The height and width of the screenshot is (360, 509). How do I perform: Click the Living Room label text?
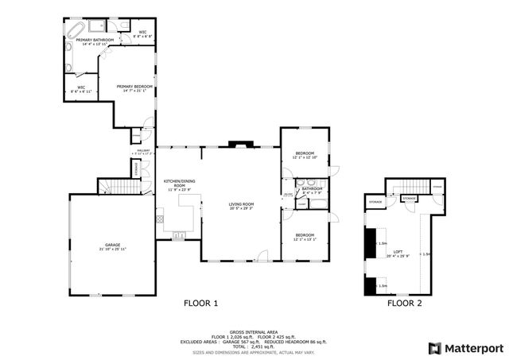click(x=242, y=206)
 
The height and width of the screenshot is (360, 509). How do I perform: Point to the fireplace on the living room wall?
click(x=239, y=145)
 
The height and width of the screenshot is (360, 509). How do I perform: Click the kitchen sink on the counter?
click(x=178, y=234)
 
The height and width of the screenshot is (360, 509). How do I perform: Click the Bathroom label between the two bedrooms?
click(x=312, y=190)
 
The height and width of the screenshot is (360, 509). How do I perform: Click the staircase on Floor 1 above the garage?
click(x=113, y=186)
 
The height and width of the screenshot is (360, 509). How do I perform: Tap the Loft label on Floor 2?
click(x=398, y=253)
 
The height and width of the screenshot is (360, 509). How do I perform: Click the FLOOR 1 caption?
click(x=200, y=303)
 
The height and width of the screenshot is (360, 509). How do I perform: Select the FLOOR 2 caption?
click(x=405, y=303)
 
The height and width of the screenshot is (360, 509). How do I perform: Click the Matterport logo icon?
click(x=433, y=348)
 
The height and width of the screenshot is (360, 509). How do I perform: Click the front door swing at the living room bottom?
click(x=262, y=255)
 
